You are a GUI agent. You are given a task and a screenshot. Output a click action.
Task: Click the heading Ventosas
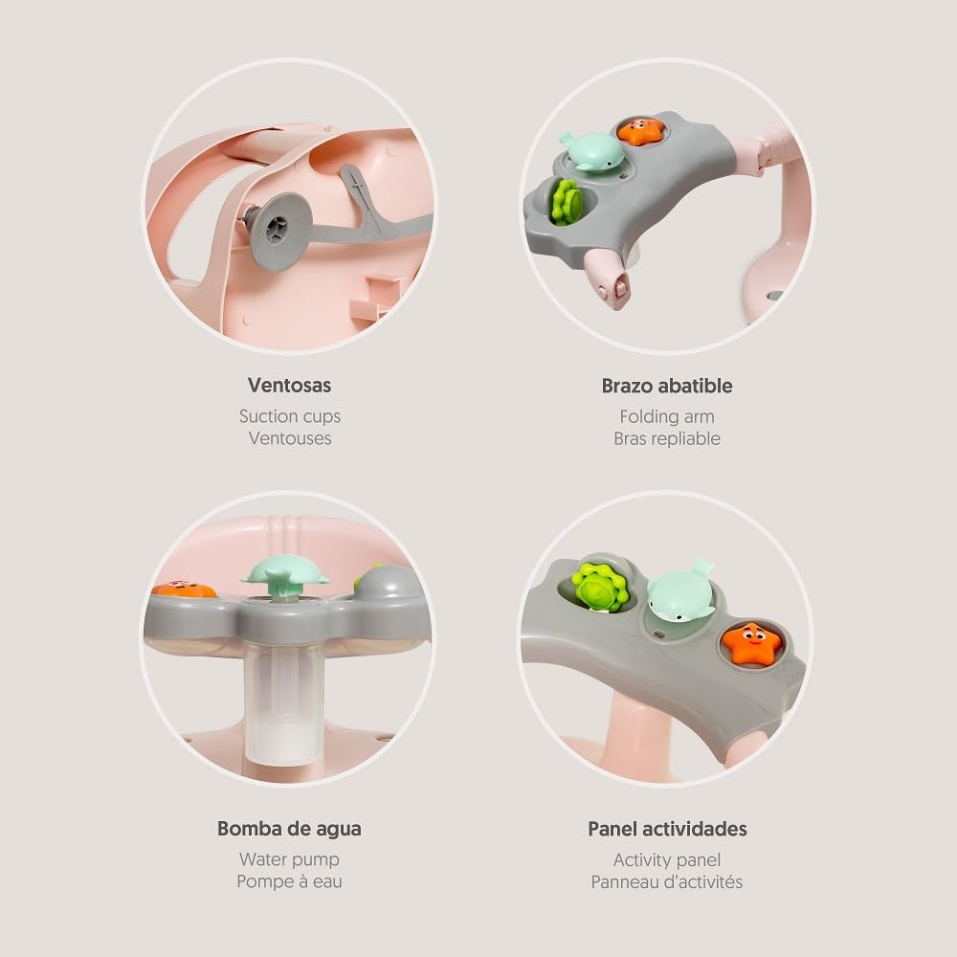point(289,385)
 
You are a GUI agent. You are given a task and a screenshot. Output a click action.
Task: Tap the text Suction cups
point(290,416)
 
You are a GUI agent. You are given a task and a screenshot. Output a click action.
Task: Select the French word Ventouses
point(290,438)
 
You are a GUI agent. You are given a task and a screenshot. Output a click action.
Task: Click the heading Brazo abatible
point(667,386)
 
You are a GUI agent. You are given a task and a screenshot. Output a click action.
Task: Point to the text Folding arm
point(667,417)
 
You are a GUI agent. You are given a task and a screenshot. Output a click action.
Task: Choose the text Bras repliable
point(667,439)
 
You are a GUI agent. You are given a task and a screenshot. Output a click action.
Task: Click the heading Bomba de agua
point(289,829)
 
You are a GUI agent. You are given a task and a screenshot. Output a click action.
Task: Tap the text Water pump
point(289,859)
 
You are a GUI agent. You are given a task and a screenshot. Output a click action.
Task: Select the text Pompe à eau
point(289,881)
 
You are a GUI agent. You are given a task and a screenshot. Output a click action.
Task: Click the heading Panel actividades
point(667,829)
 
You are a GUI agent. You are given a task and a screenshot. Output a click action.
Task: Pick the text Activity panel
point(667,860)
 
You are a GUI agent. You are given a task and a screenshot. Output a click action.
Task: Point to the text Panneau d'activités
point(667,882)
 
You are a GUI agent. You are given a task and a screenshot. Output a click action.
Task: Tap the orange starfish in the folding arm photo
point(640,131)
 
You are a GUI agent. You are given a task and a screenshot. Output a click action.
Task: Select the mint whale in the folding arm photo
point(592,152)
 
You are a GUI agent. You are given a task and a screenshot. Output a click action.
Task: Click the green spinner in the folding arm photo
point(567,202)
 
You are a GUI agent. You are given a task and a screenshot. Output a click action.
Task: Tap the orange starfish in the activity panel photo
point(752,643)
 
